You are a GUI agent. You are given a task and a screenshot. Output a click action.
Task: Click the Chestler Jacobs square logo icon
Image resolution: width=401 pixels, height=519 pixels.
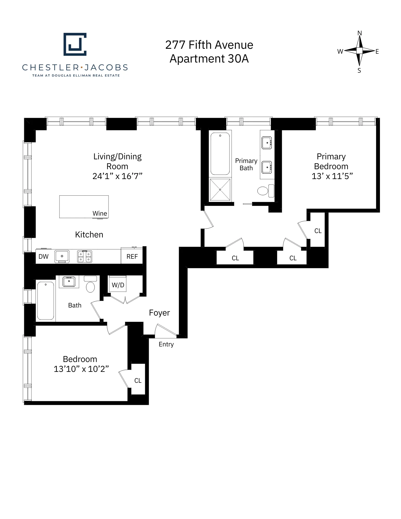point(75,44)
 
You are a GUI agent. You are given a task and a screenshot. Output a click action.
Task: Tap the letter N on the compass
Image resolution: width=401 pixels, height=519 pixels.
point(359,33)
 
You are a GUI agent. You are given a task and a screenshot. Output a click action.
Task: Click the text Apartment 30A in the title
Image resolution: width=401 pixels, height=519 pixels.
point(209,59)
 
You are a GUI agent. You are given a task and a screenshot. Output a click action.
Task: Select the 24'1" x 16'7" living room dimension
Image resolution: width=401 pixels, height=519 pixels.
point(117,176)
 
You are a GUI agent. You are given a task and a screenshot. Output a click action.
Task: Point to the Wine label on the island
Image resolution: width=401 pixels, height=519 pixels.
point(100,213)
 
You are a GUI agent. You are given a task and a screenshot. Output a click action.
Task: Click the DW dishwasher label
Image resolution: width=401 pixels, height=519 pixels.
point(43,257)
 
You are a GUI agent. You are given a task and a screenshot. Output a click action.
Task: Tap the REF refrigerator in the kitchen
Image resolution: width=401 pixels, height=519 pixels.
point(132,257)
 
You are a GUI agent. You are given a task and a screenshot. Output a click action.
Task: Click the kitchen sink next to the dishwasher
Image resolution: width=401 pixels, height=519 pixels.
point(62,256)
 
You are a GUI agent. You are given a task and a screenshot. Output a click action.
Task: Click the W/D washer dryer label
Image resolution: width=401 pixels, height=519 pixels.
point(118,285)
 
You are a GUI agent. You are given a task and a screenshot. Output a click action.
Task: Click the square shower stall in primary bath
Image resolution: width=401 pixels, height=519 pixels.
point(220,190)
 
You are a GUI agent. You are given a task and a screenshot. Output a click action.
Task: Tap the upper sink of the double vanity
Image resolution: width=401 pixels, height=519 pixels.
point(267,143)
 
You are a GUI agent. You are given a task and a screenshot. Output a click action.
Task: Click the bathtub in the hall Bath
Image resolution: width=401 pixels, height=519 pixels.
point(46,301)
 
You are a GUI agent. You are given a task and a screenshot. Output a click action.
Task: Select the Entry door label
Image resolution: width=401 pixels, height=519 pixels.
point(166,344)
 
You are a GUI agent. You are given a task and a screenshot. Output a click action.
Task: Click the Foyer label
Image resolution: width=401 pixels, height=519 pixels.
point(159,313)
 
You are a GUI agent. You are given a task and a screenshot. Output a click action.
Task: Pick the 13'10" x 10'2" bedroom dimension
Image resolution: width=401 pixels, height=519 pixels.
point(81,369)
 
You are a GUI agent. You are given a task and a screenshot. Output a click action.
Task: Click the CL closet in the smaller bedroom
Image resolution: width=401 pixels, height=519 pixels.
point(138,380)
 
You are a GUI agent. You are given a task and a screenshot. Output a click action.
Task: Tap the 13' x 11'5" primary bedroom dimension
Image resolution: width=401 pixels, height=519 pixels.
point(332,176)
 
